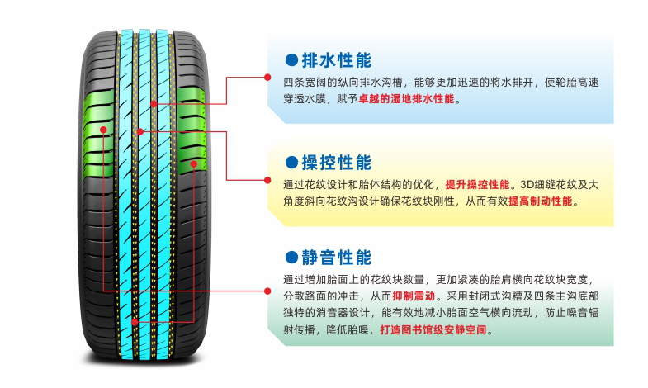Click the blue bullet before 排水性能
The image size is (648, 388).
pyautogui.click(x=291, y=61)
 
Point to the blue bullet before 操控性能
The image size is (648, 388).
pyautogui.click(x=291, y=163)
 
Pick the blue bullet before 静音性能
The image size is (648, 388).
pyautogui.click(x=291, y=258)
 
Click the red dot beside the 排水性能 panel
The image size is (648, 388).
pyautogui.click(x=267, y=78)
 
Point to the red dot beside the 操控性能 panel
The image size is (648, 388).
pyautogui.click(x=267, y=179)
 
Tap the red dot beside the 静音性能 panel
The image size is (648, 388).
pyautogui.click(x=267, y=291)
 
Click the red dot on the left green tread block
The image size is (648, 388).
pyautogui.click(x=103, y=130)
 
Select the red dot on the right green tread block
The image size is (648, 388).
pyautogui.click(x=193, y=164)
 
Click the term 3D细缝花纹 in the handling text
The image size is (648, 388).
pyautogui.click(x=547, y=183)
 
